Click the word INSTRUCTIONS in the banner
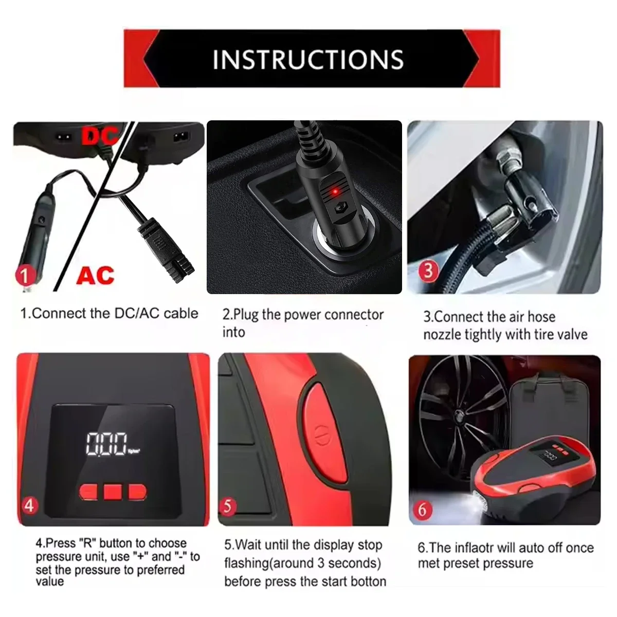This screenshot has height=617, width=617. pyautogui.click(x=308, y=59)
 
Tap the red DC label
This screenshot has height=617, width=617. pyautogui.click(x=101, y=136)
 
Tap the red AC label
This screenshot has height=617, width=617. pyautogui.click(x=95, y=275)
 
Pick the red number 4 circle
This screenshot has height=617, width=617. pyautogui.click(x=29, y=505)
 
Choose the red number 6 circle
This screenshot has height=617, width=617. pyautogui.click(x=423, y=509)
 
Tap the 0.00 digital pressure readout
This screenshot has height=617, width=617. pyautogui.click(x=106, y=444)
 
